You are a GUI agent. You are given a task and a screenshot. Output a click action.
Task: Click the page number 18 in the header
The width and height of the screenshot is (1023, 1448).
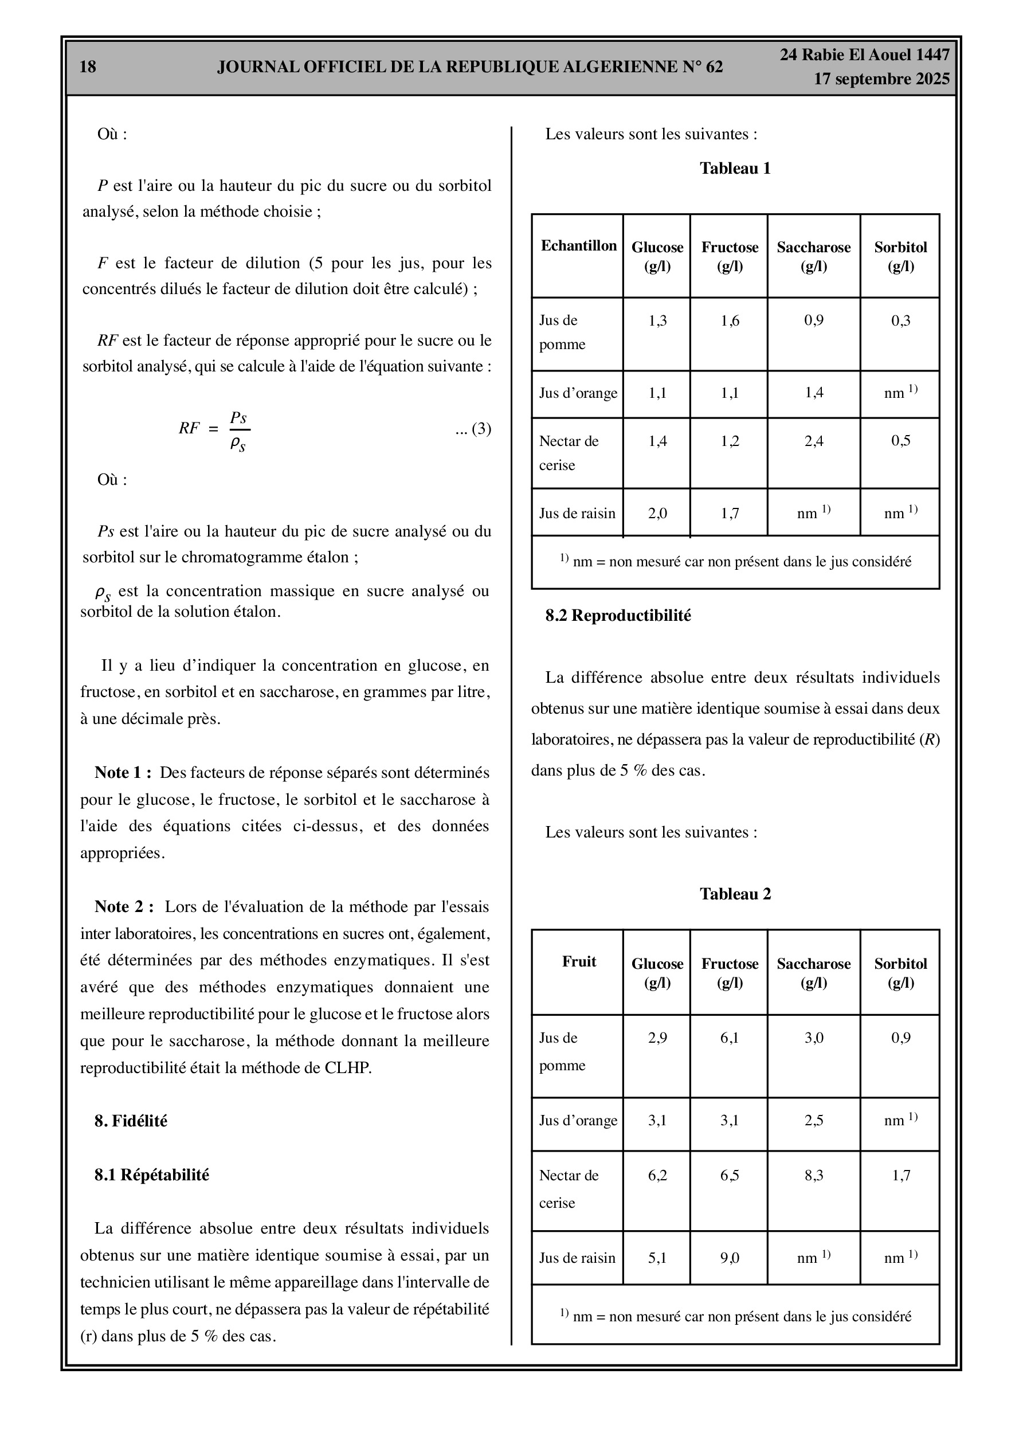point(88,67)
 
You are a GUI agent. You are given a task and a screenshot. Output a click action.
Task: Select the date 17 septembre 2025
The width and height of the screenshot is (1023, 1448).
point(881,80)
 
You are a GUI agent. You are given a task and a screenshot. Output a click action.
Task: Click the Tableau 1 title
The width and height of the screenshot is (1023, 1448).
point(735,169)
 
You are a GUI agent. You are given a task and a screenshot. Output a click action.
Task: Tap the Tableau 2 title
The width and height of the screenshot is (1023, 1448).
point(735,894)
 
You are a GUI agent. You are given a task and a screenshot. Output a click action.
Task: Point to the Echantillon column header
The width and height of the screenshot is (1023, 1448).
point(578,246)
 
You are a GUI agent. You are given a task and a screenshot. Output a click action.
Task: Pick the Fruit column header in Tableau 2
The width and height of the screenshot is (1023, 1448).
point(578,961)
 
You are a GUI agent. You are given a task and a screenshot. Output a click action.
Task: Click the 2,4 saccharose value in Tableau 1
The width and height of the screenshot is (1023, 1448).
point(813,441)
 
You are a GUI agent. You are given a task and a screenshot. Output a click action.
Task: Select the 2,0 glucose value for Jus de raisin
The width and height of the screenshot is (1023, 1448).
point(657,514)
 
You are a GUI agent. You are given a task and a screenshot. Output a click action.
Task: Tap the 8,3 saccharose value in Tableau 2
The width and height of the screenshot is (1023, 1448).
point(813,1175)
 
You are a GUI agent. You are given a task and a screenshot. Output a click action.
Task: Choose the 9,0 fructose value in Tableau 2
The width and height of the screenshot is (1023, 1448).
point(729,1258)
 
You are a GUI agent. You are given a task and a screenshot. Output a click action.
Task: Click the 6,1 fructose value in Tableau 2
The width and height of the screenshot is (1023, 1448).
point(729,1038)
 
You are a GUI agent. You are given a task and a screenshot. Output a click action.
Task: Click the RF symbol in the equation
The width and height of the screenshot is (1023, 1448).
point(189,429)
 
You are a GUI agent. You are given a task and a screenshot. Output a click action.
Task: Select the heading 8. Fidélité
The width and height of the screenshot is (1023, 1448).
point(131,1121)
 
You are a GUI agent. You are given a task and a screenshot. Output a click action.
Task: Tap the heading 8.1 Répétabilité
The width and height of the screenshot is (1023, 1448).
point(151,1175)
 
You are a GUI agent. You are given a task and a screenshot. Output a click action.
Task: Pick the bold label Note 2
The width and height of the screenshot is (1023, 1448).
point(124,907)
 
